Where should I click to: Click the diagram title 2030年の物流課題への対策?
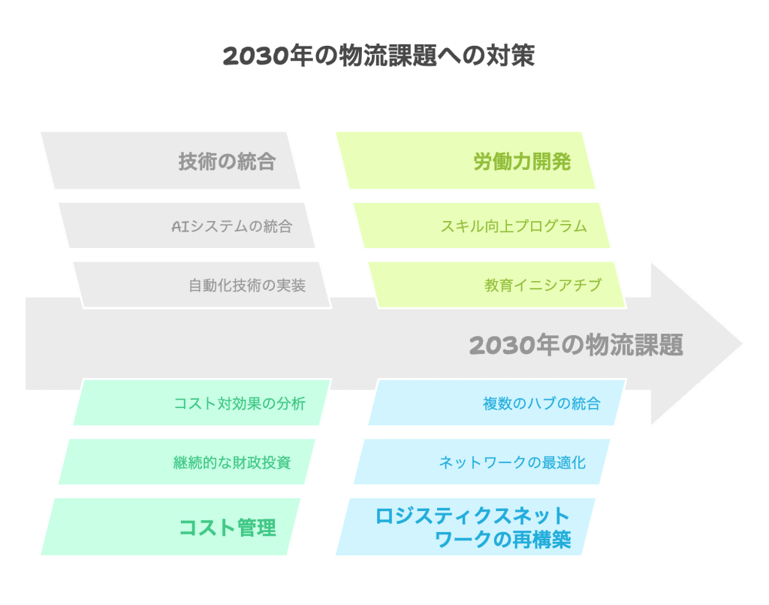[378, 56]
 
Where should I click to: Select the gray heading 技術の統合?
[227, 162]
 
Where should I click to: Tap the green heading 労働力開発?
[522, 162]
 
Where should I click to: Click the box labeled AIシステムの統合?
[187, 225]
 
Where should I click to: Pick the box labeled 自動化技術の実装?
[203, 285]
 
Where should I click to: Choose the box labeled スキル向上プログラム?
[482, 225]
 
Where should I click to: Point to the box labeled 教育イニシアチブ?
[497, 285]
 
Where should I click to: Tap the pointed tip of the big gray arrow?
[742, 343]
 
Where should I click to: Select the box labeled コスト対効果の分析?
[203, 402]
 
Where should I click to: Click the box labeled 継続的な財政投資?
[187, 461]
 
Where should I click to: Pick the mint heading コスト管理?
[227, 528]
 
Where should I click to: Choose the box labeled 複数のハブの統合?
[497, 402]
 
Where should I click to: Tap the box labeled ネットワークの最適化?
[482, 461]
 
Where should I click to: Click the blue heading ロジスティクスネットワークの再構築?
[473, 528]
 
